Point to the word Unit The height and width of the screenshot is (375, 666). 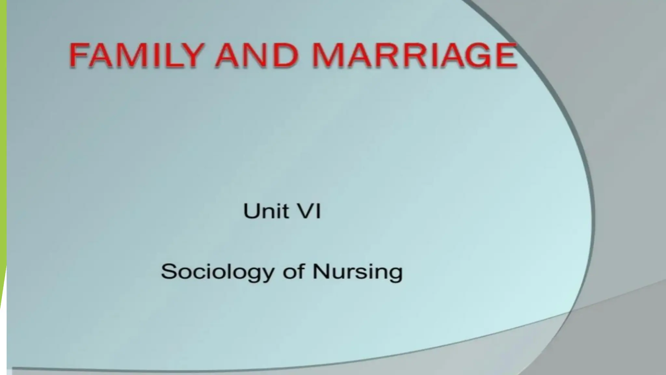(266, 211)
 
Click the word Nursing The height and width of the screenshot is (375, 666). (357, 272)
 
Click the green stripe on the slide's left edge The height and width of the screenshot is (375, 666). (3, 130)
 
